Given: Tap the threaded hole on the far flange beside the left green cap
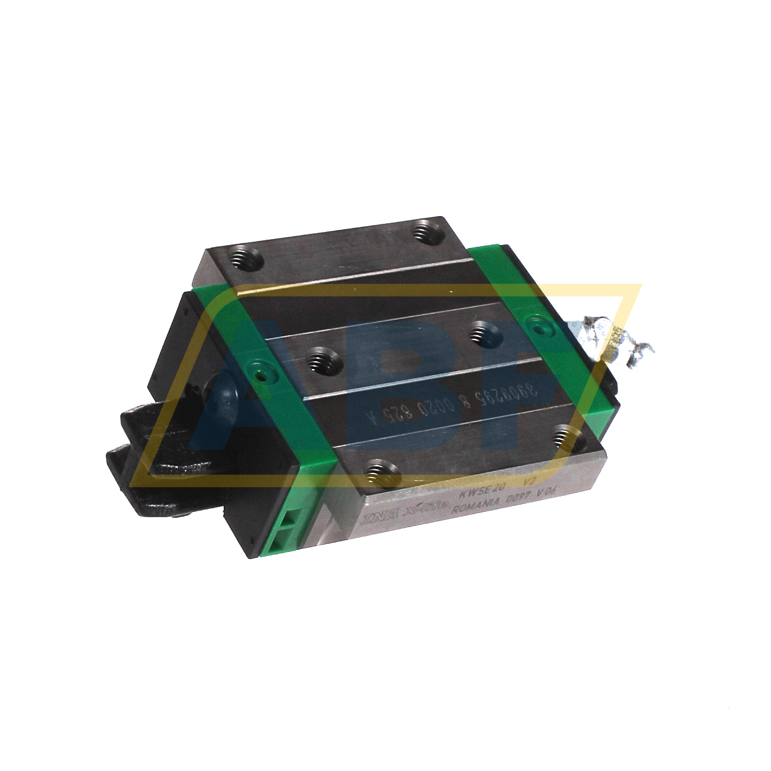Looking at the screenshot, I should tap(244, 257).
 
